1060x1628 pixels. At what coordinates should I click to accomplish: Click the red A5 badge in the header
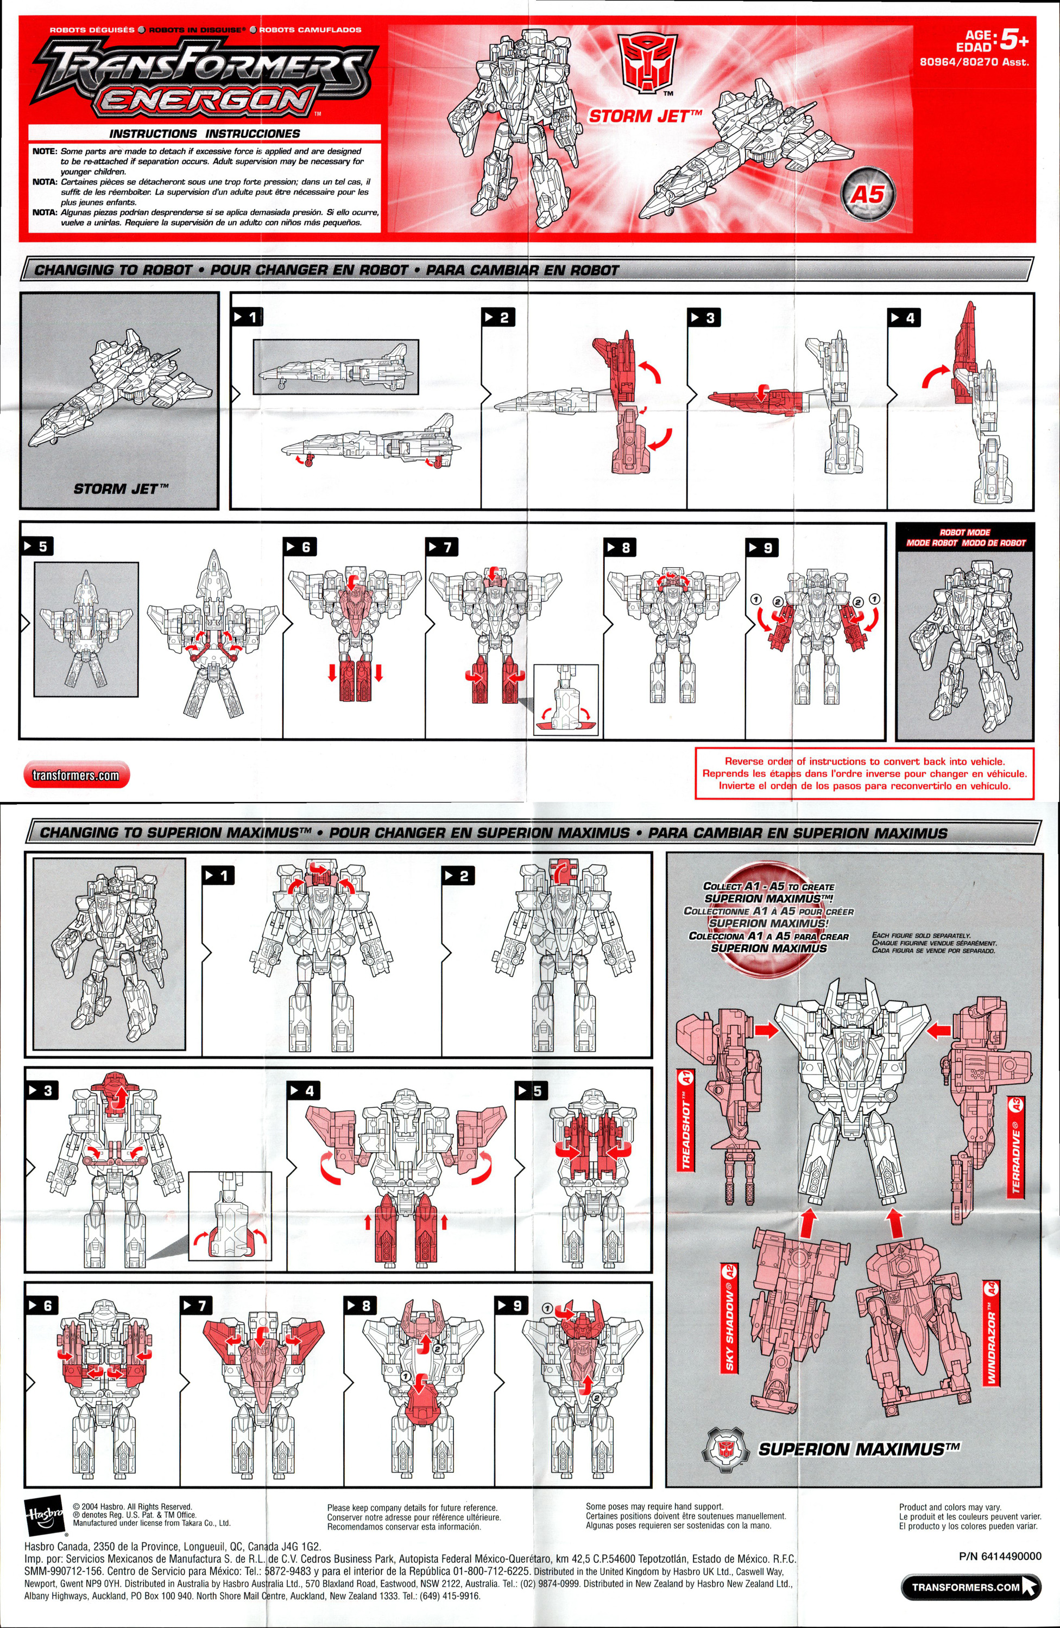(x=867, y=195)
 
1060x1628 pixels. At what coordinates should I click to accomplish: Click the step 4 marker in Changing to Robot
(x=903, y=317)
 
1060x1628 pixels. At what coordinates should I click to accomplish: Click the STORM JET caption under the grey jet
(x=121, y=489)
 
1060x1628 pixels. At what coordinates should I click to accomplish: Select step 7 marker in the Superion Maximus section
(x=195, y=1306)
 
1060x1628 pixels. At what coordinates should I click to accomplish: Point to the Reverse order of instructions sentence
(x=865, y=761)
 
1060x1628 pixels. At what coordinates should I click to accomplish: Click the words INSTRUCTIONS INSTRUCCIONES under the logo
(x=205, y=133)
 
